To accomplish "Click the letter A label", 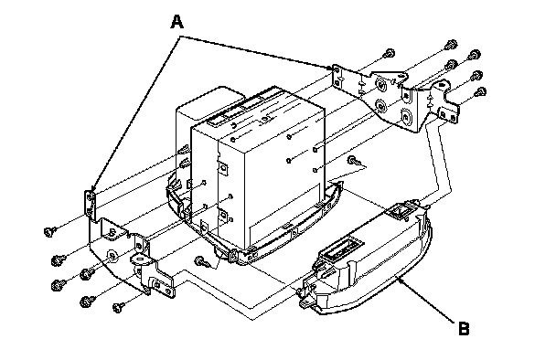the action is click(176, 22).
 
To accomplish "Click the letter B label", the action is click(464, 328).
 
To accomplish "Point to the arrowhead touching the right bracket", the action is click(328, 67).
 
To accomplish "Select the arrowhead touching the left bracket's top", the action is click(93, 188).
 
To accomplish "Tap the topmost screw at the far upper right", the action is click(451, 45).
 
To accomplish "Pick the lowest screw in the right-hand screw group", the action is click(480, 92).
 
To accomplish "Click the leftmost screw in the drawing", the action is click(50, 231).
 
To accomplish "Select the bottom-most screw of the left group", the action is click(119, 307).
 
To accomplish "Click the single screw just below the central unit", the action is click(202, 262).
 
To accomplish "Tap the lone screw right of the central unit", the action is click(354, 161).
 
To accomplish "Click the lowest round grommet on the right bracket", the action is click(405, 117).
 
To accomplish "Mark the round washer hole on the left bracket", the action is click(112, 255).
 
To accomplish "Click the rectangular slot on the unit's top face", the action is click(217, 122).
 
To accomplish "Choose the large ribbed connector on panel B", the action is click(343, 247).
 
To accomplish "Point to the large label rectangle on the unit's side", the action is click(284, 213).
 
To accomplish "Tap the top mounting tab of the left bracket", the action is click(90, 203).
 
